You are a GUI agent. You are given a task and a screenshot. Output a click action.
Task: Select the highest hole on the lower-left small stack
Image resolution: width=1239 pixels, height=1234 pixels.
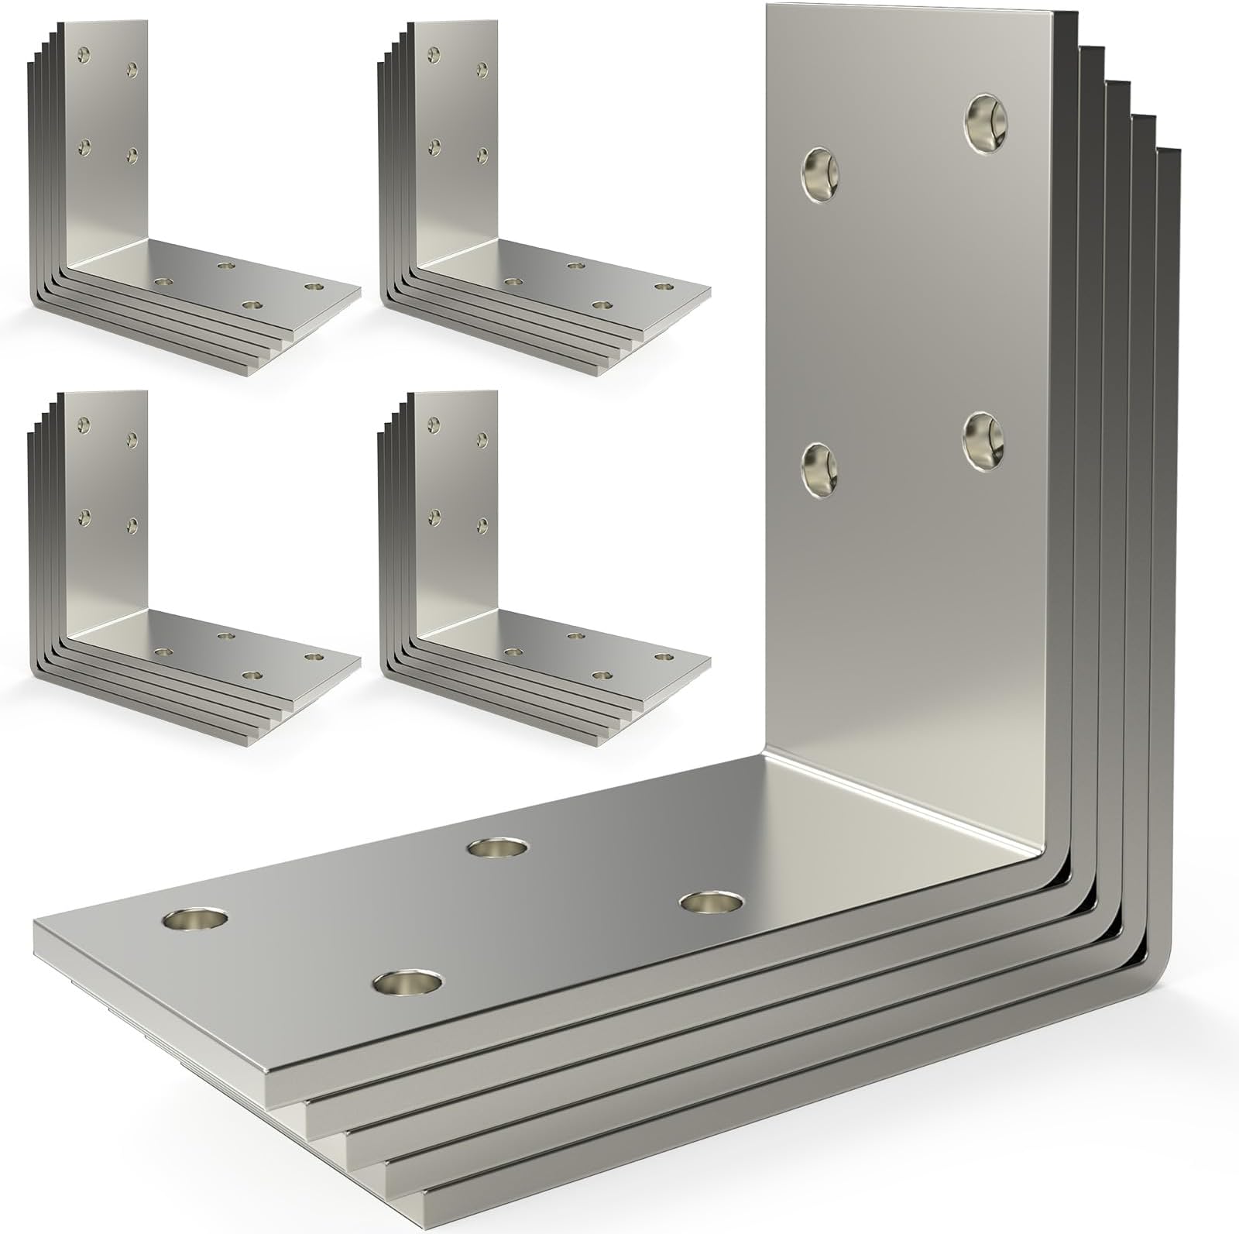(x=84, y=424)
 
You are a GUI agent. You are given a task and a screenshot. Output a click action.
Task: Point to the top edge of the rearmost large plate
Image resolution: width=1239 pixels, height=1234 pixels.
(x=1169, y=152)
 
